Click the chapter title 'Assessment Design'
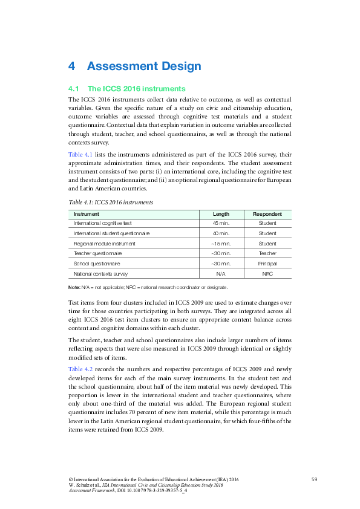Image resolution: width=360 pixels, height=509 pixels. click(x=143, y=66)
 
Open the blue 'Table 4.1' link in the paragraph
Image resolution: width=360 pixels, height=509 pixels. click(x=81, y=155)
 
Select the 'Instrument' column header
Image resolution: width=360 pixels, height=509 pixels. click(x=87, y=214)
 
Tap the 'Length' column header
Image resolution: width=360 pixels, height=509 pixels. click(x=221, y=214)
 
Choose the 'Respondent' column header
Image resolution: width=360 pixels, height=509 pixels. click(x=267, y=214)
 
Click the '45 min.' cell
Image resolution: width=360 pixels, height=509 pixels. click(x=221, y=223)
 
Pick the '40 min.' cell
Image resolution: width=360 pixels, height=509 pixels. click(x=221, y=233)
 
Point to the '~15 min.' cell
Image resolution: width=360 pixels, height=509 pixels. click(x=221, y=244)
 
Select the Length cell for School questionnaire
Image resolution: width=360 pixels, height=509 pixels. click(x=221, y=264)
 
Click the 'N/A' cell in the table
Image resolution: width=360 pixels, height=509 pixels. click(x=221, y=274)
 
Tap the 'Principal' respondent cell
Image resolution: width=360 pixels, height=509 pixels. click(x=267, y=264)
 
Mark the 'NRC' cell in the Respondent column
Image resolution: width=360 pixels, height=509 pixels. click(x=267, y=274)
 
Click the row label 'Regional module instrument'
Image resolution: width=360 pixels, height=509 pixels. click(x=104, y=244)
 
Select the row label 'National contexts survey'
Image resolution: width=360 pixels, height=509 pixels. click(x=100, y=274)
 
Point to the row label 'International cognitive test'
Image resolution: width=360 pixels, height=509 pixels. click(x=102, y=223)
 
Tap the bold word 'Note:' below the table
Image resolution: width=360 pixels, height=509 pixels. click(x=74, y=287)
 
